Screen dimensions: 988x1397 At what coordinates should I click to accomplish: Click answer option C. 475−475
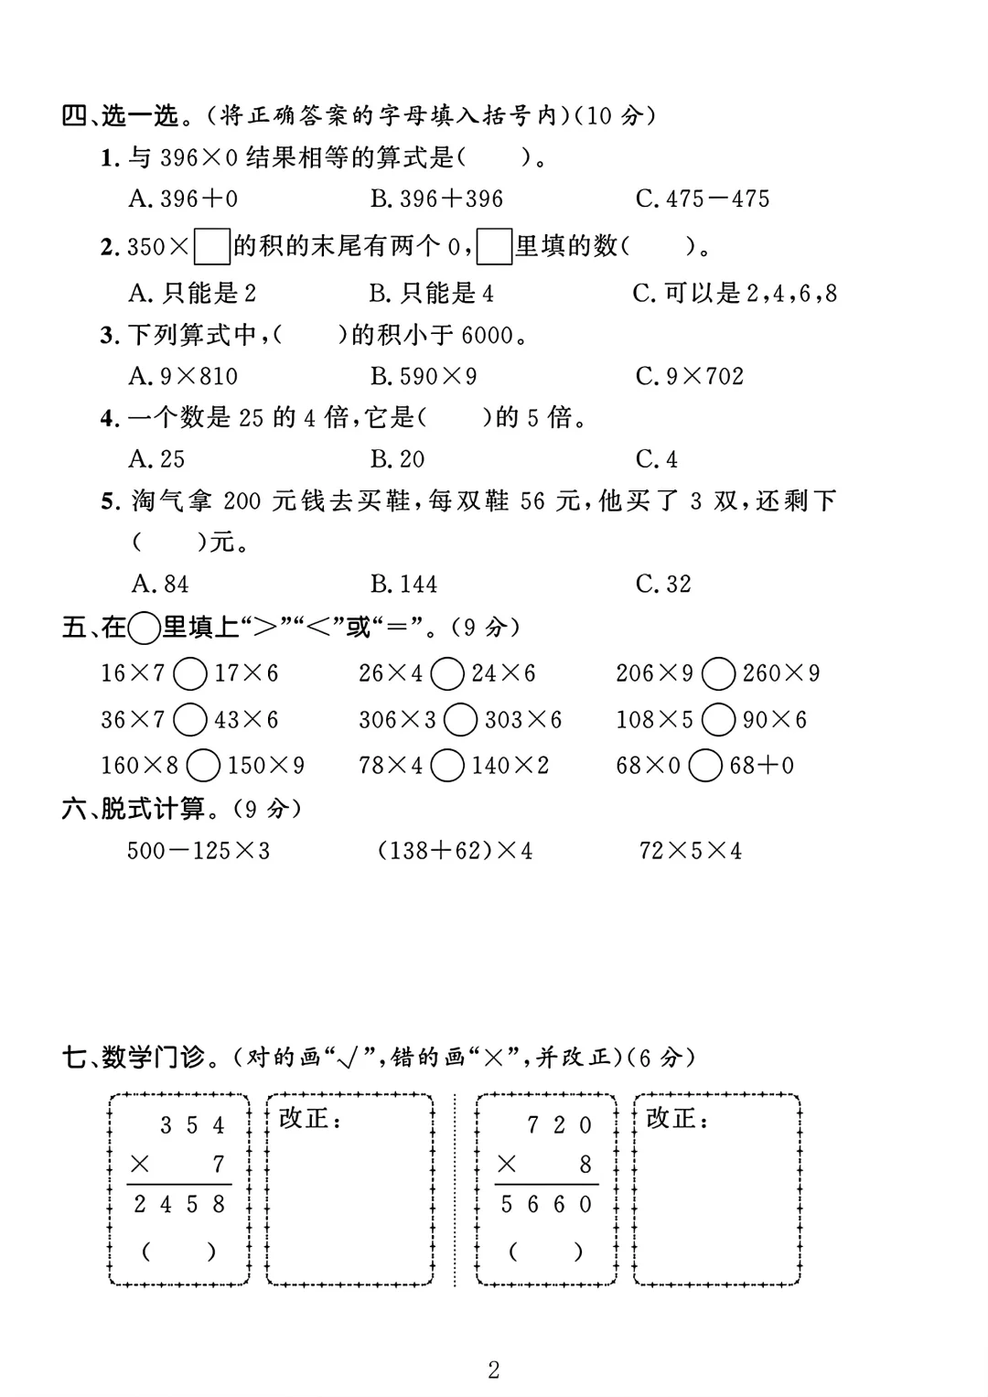(703, 199)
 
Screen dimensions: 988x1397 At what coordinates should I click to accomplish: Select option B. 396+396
(436, 199)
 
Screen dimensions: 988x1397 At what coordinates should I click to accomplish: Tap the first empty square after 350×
(212, 247)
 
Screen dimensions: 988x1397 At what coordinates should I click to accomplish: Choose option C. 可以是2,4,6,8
(735, 294)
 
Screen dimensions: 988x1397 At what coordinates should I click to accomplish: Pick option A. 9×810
(183, 376)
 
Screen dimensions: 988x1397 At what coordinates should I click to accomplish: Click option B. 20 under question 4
(398, 459)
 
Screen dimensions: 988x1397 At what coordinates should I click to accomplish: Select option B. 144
(403, 584)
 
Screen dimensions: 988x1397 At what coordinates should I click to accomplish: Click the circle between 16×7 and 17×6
(190, 674)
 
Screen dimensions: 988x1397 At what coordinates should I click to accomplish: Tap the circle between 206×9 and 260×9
(718, 674)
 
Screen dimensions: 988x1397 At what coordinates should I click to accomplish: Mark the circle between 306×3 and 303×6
(460, 720)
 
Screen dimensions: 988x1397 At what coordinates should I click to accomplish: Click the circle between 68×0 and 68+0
(705, 766)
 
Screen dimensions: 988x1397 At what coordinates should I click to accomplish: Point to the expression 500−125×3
(199, 851)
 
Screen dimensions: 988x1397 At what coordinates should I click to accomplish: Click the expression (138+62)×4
(455, 851)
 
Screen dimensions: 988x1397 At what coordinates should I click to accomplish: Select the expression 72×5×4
(691, 851)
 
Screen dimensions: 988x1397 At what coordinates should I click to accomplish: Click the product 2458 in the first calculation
(179, 1205)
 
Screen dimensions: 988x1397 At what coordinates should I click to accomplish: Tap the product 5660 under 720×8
(547, 1205)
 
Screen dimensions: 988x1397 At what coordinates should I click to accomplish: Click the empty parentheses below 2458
(179, 1251)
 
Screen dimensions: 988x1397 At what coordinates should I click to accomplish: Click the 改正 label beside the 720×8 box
(677, 1118)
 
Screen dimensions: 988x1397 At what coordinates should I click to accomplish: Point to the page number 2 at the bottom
(494, 1370)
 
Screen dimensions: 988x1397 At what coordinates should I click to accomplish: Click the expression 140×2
(510, 766)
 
